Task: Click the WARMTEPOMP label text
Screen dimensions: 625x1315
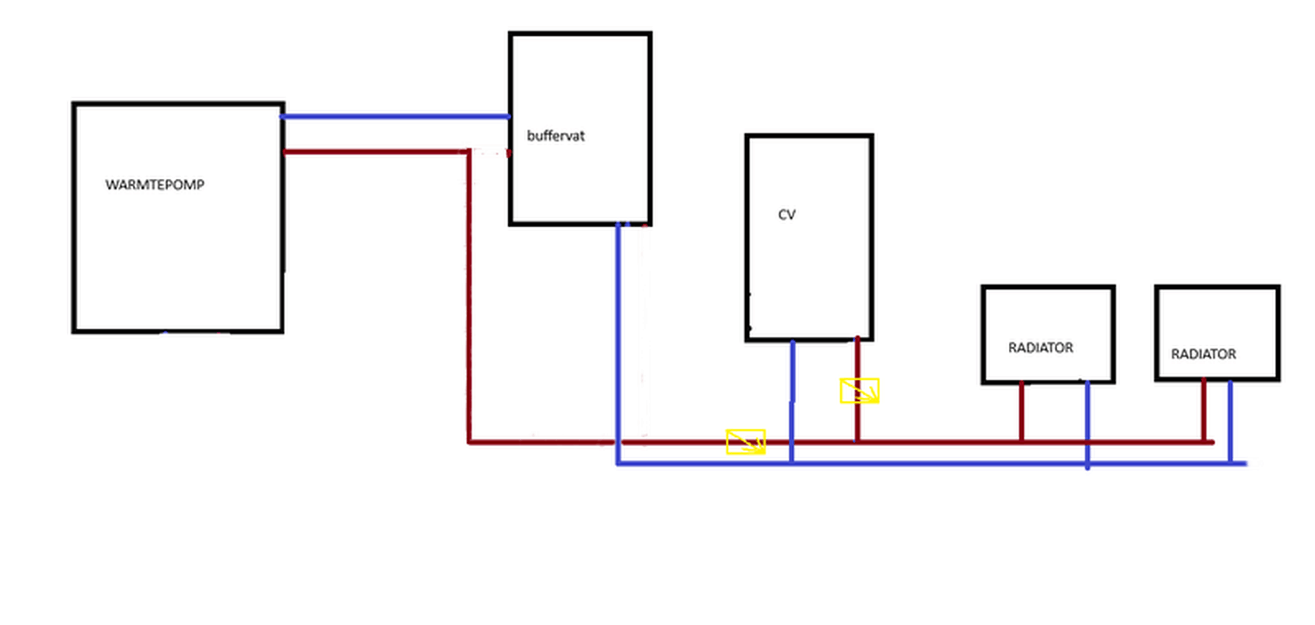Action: click(x=155, y=185)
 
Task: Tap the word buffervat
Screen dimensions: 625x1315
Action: click(x=555, y=136)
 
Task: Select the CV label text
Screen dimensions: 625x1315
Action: click(x=786, y=215)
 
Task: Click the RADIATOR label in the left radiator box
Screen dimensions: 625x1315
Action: click(x=1040, y=348)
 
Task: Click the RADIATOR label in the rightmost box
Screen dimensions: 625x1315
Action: click(x=1203, y=354)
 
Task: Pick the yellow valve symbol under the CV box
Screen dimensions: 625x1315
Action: click(x=859, y=391)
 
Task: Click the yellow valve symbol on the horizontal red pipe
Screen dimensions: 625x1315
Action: click(x=746, y=441)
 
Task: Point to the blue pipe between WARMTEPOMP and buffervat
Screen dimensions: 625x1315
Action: click(x=394, y=117)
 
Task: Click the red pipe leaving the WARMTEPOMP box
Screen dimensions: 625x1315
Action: click(x=375, y=152)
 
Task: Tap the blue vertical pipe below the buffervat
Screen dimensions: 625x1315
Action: click(x=618, y=344)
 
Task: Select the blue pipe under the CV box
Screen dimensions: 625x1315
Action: click(x=792, y=398)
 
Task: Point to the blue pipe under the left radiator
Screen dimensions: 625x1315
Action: click(x=1087, y=422)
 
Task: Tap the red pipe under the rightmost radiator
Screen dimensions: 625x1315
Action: click(x=1203, y=410)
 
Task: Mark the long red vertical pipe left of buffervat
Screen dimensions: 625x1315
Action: click(x=469, y=297)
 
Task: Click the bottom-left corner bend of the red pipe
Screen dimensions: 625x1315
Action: click(x=469, y=442)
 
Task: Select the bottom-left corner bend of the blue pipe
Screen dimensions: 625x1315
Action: click(x=618, y=463)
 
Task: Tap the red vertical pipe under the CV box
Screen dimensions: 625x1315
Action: click(x=857, y=422)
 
